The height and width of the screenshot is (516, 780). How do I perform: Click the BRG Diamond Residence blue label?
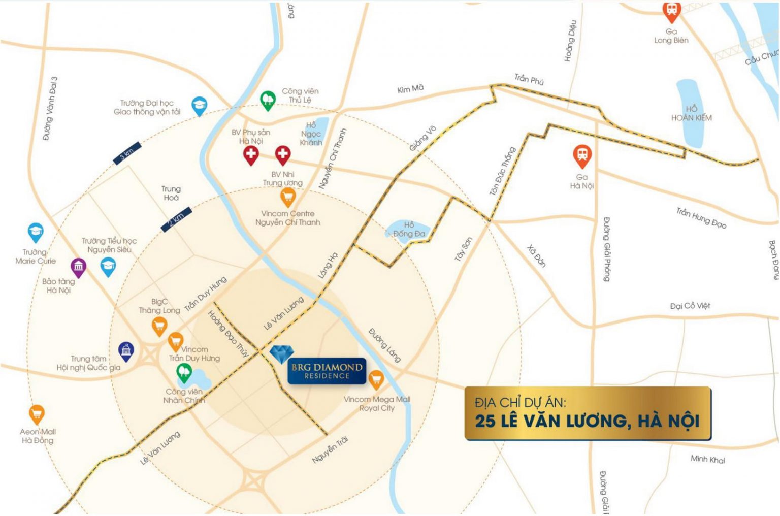point(327,371)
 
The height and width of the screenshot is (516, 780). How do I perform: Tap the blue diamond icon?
point(279,353)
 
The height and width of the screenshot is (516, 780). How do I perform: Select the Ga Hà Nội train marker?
point(582,156)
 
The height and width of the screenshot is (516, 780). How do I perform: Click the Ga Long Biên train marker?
point(671,11)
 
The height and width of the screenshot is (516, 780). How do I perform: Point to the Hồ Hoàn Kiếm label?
point(691,113)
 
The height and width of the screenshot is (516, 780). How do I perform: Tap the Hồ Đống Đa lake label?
point(409,230)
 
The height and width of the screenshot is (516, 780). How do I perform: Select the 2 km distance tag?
point(176,219)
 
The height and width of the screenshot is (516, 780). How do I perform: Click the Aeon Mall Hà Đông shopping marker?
point(37,414)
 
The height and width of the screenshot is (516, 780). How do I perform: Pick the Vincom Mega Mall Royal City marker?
point(376,379)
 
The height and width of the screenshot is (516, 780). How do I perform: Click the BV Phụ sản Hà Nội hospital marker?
point(251,155)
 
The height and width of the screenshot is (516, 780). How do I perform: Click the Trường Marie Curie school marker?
point(35,232)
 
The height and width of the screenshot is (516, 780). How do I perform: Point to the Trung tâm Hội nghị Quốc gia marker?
point(126,350)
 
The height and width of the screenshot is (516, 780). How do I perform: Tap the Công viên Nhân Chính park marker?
point(184,373)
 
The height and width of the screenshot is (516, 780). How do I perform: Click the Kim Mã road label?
point(410,89)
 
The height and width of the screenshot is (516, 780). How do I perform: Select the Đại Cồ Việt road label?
point(690,306)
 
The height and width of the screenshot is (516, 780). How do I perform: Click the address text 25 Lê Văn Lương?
point(588,421)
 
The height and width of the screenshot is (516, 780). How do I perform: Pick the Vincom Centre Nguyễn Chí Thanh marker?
point(288,196)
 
